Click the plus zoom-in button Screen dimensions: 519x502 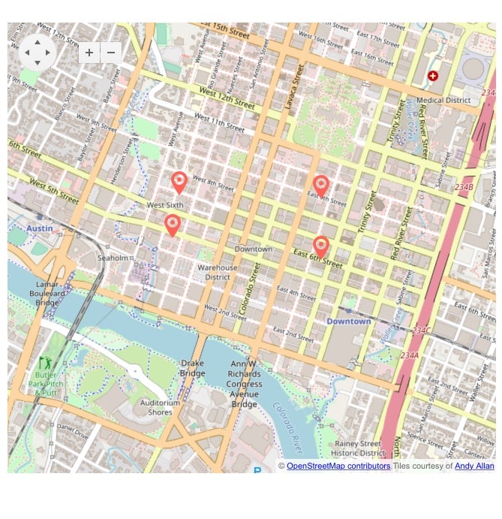point(89,53)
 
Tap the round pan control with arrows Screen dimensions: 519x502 point(37,53)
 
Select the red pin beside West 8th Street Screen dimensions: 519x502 point(179,183)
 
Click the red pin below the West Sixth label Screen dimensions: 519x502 point(173,225)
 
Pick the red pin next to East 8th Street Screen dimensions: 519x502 point(321,186)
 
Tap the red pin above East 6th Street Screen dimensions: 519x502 point(321,246)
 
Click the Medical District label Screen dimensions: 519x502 point(443,100)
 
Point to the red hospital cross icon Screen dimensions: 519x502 point(433,76)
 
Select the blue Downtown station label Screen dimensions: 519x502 point(348,321)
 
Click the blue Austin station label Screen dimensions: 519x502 point(39,228)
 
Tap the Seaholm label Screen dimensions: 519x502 point(113,258)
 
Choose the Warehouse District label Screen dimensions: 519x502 point(218,272)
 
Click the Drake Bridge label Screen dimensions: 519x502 point(192,368)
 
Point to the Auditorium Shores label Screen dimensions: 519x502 point(161,407)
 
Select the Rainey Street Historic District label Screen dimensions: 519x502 point(359,448)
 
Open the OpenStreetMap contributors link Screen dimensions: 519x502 point(338,466)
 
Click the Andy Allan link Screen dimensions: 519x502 point(474,466)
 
